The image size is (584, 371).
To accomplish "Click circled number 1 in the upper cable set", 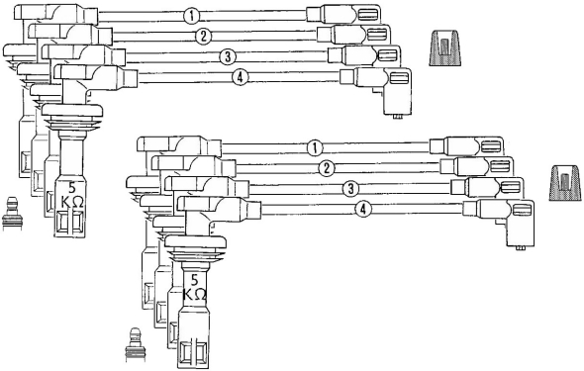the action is coord(192,16).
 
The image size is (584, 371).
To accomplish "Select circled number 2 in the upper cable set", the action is coord(203,36).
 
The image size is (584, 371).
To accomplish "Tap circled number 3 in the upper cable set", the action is coord(228,56).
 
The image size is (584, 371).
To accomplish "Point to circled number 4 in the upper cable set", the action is coord(240,77).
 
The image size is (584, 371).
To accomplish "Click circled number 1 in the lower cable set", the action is coord(315,148).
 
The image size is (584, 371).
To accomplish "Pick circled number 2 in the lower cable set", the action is coord(327,168).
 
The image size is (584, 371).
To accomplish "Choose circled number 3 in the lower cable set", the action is coord(350,189).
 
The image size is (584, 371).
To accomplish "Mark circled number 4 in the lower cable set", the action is coord(363,209).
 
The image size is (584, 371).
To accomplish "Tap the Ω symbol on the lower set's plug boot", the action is coord(200,295).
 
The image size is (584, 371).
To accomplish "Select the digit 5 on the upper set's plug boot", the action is coord(72,187).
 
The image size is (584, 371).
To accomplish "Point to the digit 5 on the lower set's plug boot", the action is coord(194,279).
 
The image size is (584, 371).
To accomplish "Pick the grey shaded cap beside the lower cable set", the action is coord(565,183).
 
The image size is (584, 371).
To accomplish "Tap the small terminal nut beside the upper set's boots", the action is coord(12,214).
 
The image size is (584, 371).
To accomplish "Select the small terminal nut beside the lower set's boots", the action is coord(135,344).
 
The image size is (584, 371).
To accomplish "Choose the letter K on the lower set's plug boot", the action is coord(188,295).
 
